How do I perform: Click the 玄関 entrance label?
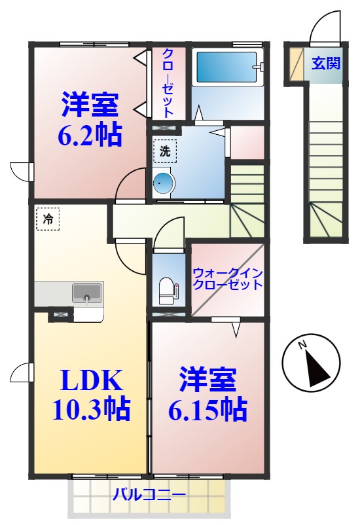coord(325,63)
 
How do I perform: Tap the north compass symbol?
coord(311,362)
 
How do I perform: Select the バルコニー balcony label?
coord(149,494)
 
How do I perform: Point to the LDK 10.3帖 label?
coord(91,394)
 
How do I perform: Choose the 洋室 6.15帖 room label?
coord(207,394)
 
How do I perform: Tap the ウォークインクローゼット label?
coord(227,279)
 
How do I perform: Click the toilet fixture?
coord(167,290)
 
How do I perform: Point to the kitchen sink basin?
coord(86,292)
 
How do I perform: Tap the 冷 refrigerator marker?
coord(48,219)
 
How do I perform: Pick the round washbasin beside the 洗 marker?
coord(163,184)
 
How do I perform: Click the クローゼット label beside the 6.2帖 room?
coord(168,83)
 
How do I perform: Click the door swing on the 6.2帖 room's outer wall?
coord(21,170)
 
